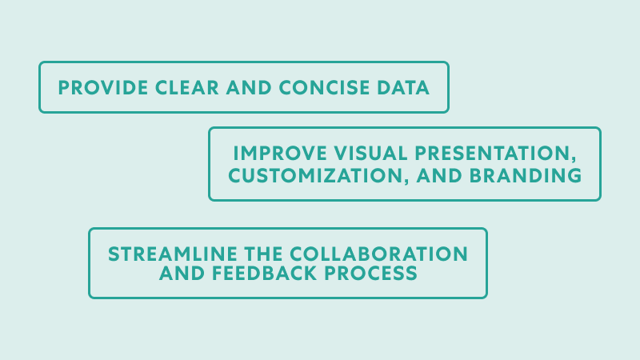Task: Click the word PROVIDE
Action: click(103, 88)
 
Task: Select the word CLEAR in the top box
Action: click(187, 88)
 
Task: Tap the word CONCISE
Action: click(324, 88)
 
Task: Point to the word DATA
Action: click(403, 88)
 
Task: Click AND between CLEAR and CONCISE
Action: click(249, 88)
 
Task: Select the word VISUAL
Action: click(371, 154)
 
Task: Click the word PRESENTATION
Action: click(491, 154)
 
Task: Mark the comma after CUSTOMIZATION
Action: click(406, 182)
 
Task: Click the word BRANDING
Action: click(526, 176)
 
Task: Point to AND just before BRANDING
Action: click(439, 176)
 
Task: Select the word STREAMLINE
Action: click(173, 254)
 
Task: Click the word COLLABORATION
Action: click(383, 254)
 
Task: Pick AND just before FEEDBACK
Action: click(182, 274)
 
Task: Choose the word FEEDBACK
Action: click(265, 274)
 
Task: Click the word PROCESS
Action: click(370, 274)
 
